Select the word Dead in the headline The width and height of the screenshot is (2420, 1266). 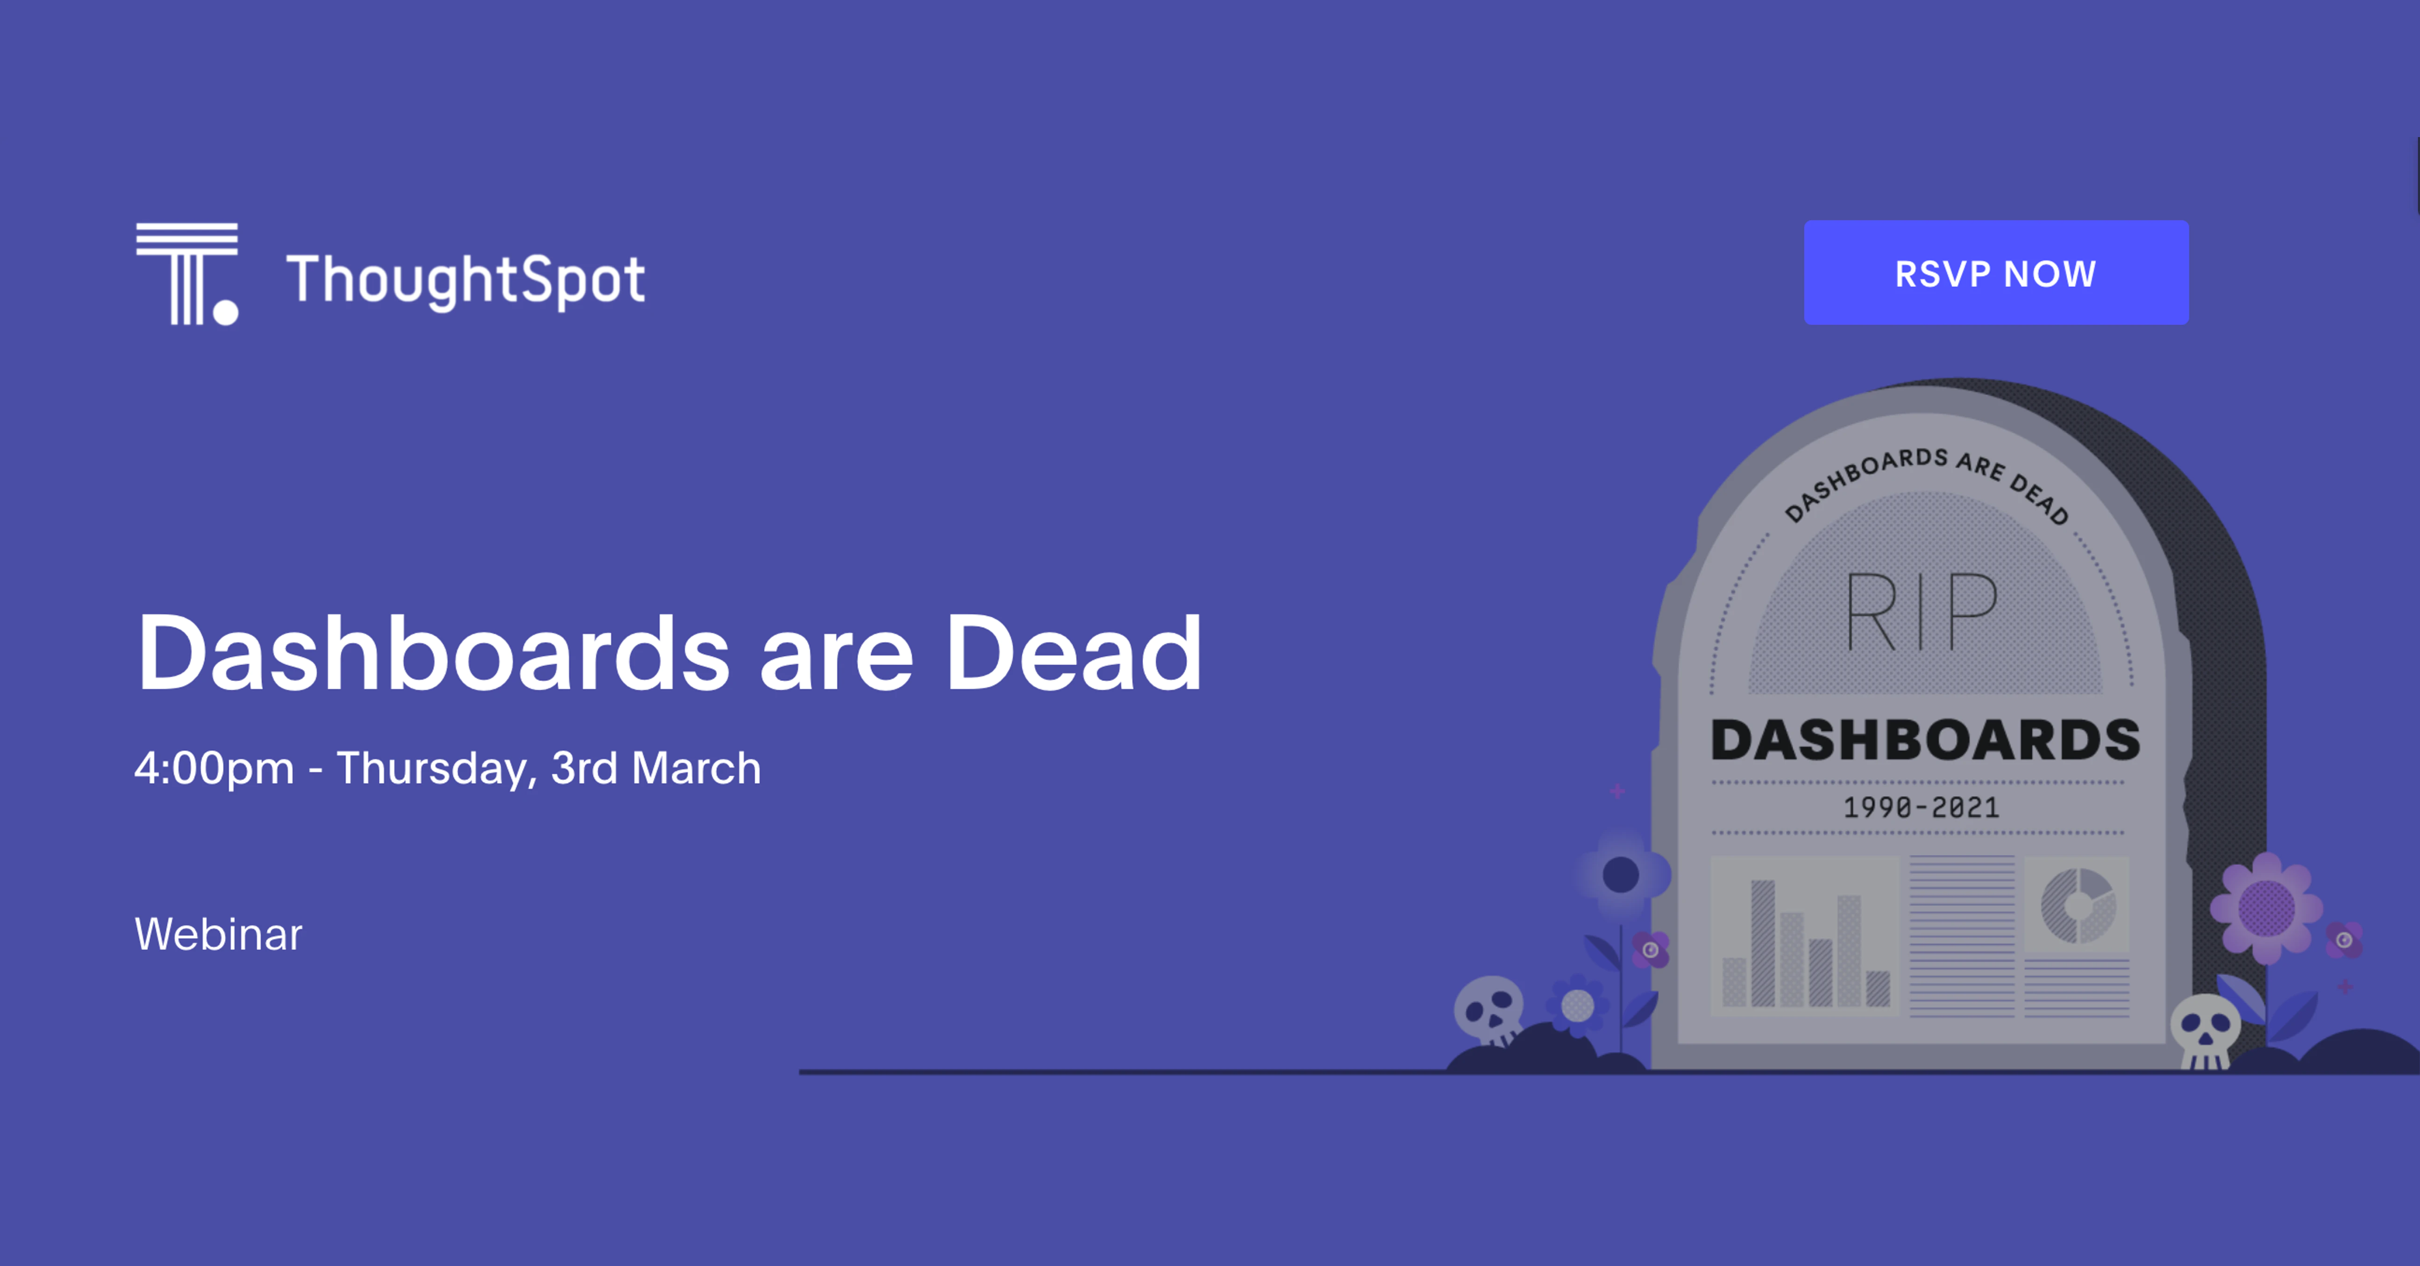1073,653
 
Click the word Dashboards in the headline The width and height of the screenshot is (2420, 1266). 433,653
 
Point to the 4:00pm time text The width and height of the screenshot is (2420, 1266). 214,768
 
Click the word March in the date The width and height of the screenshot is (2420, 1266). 696,768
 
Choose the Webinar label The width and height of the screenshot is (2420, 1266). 218,934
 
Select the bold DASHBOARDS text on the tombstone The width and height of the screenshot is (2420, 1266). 1926,740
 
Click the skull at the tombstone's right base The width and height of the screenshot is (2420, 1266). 2205,1030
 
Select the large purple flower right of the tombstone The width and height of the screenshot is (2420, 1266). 2266,907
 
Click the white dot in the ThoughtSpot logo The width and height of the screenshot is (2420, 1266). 225,312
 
